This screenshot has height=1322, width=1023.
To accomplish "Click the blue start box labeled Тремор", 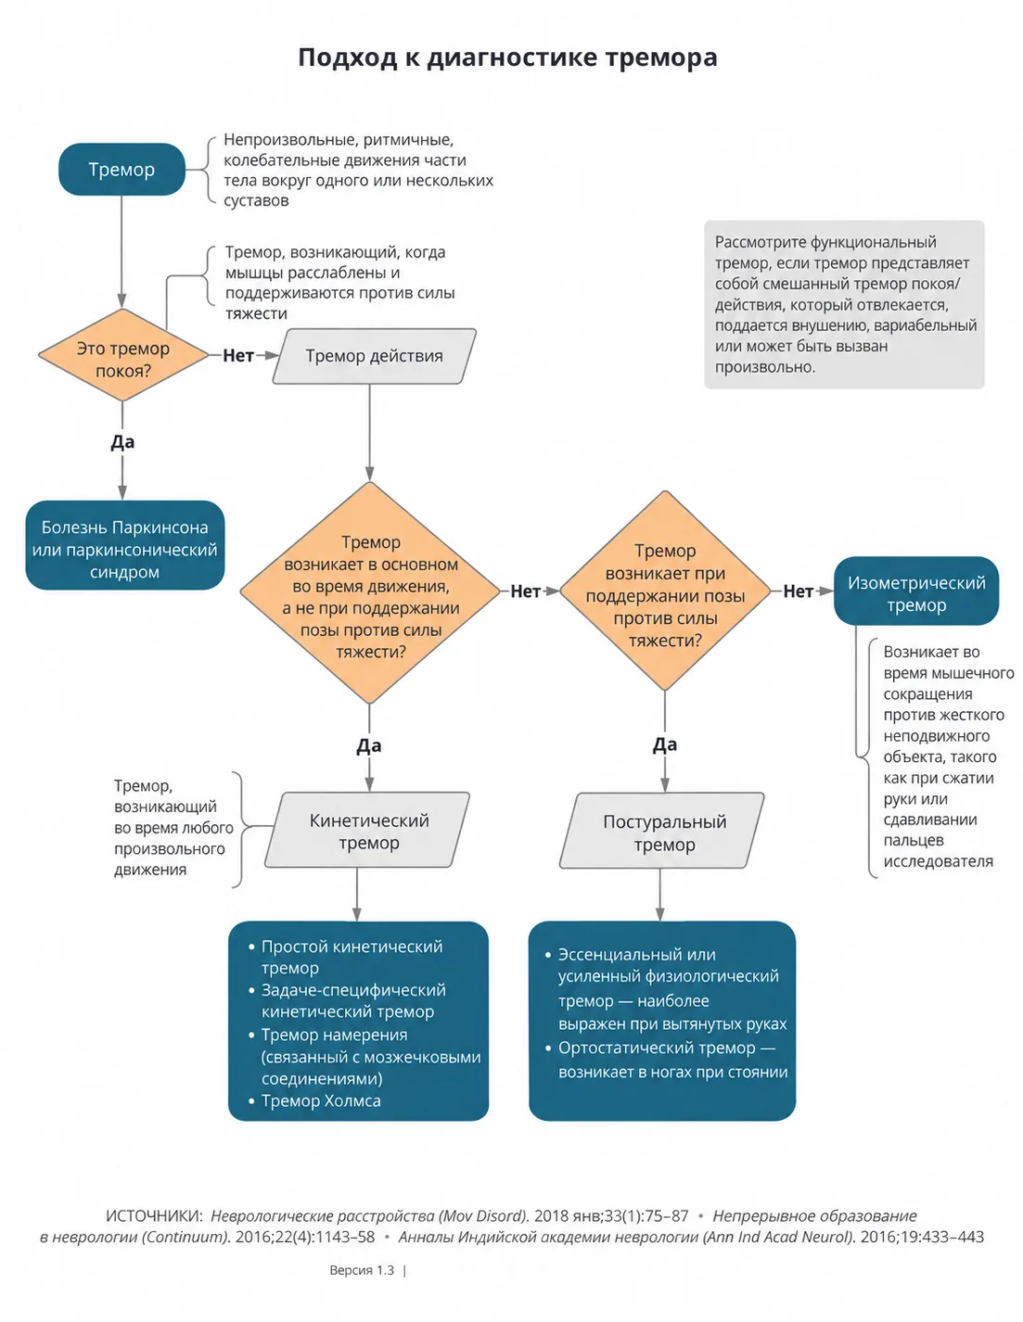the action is [121, 169].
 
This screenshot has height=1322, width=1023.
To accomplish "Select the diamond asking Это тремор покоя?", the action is [123, 355].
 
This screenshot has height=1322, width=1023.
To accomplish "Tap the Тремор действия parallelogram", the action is [374, 356].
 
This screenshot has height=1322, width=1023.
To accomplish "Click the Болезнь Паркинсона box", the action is [125, 545].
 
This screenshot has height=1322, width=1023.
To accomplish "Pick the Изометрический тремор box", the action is [916, 591].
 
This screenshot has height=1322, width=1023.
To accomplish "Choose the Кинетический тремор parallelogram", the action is [367, 829].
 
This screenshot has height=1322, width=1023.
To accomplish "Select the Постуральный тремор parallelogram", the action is [661, 830].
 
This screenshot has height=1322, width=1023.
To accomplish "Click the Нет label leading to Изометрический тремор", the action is [798, 591].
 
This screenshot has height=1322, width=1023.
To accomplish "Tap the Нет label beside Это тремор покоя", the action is [238, 355].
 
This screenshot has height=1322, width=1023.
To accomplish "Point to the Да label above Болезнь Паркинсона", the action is [122, 441].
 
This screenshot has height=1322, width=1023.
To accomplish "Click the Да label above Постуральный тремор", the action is [665, 744].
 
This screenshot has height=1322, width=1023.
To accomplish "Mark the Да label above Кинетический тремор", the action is [369, 745].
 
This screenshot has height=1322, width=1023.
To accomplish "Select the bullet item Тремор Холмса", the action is [321, 1100].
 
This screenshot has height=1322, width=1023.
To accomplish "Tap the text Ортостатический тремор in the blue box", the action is [657, 1048].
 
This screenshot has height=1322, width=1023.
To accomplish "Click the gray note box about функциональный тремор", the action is [844, 304].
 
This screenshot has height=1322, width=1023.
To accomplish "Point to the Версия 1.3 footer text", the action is [362, 1270].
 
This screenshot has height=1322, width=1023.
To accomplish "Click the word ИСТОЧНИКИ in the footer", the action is [153, 1215].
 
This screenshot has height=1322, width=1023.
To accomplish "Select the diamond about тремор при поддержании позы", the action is [665, 591].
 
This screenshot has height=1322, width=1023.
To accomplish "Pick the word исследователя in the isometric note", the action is [938, 861].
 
